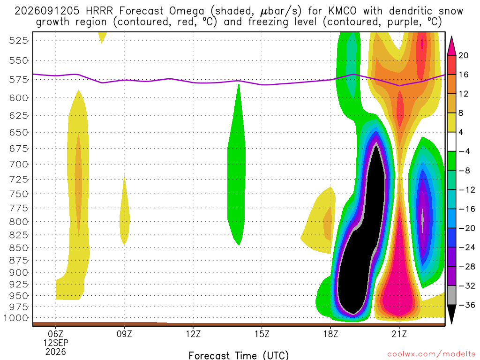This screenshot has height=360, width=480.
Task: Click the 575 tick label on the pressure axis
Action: coord(19,80)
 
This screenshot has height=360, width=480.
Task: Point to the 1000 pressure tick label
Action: coord(16,318)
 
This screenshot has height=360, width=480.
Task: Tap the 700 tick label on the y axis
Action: coord(19,165)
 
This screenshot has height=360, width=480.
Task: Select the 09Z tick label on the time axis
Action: coord(124,334)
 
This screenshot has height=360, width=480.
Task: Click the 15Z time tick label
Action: coord(262,334)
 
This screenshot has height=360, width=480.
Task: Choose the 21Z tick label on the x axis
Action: coord(399,334)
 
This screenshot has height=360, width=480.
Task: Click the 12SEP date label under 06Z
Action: coord(56,343)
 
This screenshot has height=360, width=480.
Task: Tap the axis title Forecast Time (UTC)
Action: coord(239,355)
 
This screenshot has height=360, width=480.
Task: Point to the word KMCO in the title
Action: coord(342,11)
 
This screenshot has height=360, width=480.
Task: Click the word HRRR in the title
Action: coord(99,11)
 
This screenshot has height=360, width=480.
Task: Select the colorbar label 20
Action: coord(464,55)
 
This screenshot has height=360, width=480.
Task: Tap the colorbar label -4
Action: coord(464,151)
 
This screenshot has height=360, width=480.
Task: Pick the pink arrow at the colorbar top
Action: coord(451,46)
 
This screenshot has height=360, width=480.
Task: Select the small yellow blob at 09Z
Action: coord(124,214)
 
